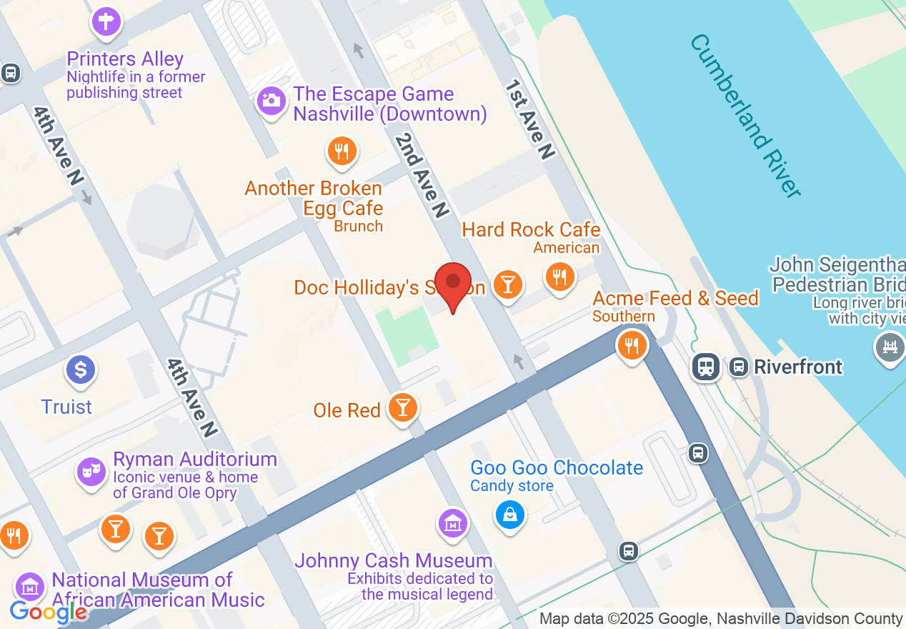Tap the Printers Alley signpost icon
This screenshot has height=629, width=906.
coord(106,21)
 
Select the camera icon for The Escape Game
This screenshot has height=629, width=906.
coord(271,100)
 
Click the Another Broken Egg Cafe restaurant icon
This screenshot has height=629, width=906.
coord(342,151)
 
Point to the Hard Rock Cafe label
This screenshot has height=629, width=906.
coord(531,229)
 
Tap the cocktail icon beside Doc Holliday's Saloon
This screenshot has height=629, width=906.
coord(507,284)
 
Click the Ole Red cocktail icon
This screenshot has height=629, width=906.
coord(403,407)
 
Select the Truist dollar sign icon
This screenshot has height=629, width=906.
coord(81,370)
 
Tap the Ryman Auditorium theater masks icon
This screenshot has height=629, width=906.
coord(91,470)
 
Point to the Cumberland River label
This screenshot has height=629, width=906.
coord(745,114)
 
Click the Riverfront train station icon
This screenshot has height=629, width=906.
coord(705,367)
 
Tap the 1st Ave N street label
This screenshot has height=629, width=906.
coord(529,119)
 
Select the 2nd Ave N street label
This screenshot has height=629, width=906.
coord(422,174)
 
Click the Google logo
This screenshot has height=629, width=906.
coord(48,612)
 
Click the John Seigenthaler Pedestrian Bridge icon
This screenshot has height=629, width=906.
coord(890,347)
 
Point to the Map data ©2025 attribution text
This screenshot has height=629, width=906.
coord(720,619)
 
